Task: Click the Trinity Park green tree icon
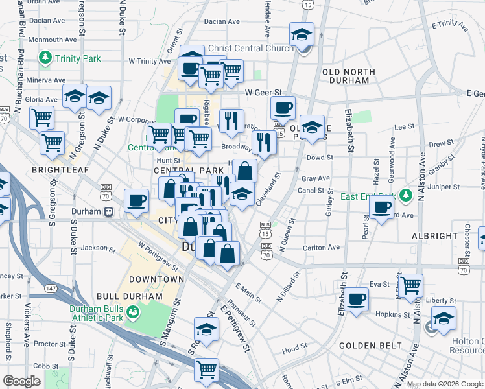tap(45, 59)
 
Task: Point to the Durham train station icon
tap(110, 211)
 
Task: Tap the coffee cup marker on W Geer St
tap(283, 108)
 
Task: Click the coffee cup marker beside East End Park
tap(381, 207)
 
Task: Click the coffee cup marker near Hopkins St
tap(356, 300)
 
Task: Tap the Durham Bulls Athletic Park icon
tap(134, 313)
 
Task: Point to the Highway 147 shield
tap(50, 287)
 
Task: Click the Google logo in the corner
tap(23, 381)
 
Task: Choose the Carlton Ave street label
tap(321, 248)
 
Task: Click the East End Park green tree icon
tap(406, 194)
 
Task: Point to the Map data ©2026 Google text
tap(444, 384)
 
